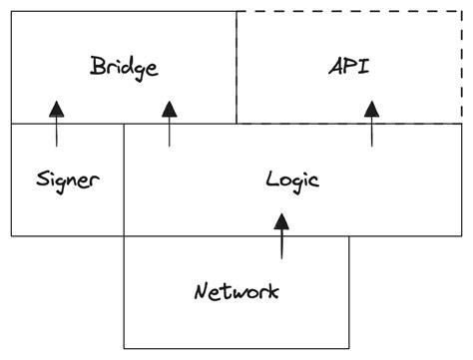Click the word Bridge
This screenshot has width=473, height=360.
click(124, 68)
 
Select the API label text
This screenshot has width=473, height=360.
click(348, 68)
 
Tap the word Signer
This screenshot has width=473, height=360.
click(68, 180)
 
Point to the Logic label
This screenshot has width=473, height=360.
click(292, 180)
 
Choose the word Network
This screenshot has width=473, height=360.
click(236, 292)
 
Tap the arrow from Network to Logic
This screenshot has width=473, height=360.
click(282, 236)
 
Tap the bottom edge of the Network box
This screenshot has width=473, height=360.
click(236, 348)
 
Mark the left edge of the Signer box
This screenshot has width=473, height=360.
click(11, 180)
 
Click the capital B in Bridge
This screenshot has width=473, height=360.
click(97, 67)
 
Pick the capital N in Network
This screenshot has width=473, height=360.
click(201, 292)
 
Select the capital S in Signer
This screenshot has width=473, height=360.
click(42, 180)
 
